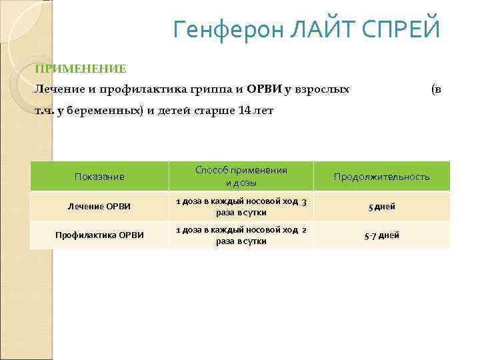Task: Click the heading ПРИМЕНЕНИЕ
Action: point(81,69)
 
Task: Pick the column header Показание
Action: point(99,177)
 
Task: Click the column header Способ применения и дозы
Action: point(241,177)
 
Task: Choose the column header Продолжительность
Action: point(381,177)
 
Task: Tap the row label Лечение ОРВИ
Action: point(99,207)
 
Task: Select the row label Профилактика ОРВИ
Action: point(99,235)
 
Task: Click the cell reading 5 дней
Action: point(381,207)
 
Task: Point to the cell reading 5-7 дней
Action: point(381,235)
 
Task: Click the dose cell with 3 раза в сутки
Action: point(241,207)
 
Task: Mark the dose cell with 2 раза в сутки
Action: point(241,235)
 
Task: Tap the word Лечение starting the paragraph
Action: point(55,89)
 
